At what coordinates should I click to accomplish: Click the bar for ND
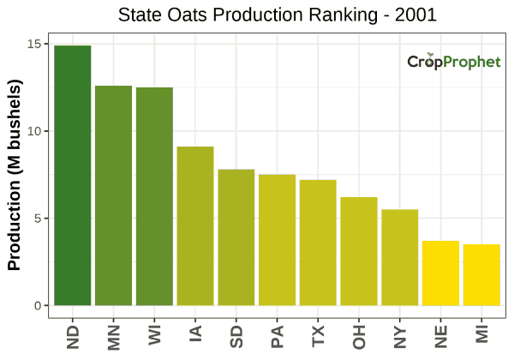(72, 176)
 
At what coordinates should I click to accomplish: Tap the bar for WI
(154, 196)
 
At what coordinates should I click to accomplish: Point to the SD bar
(236, 237)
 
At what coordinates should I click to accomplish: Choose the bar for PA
(277, 240)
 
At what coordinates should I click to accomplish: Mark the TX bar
(318, 243)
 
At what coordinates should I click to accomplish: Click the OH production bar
(359, 251)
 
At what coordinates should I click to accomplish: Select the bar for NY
(399, 257)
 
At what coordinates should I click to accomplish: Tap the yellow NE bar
(440, 273)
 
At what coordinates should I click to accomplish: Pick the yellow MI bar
(481, 275)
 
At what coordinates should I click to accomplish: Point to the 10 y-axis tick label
(33, 131)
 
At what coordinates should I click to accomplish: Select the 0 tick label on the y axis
(36, 306)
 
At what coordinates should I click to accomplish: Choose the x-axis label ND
(73, 335)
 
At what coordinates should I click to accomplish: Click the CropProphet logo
(453, 62)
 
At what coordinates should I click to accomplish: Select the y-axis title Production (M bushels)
(15, 176)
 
